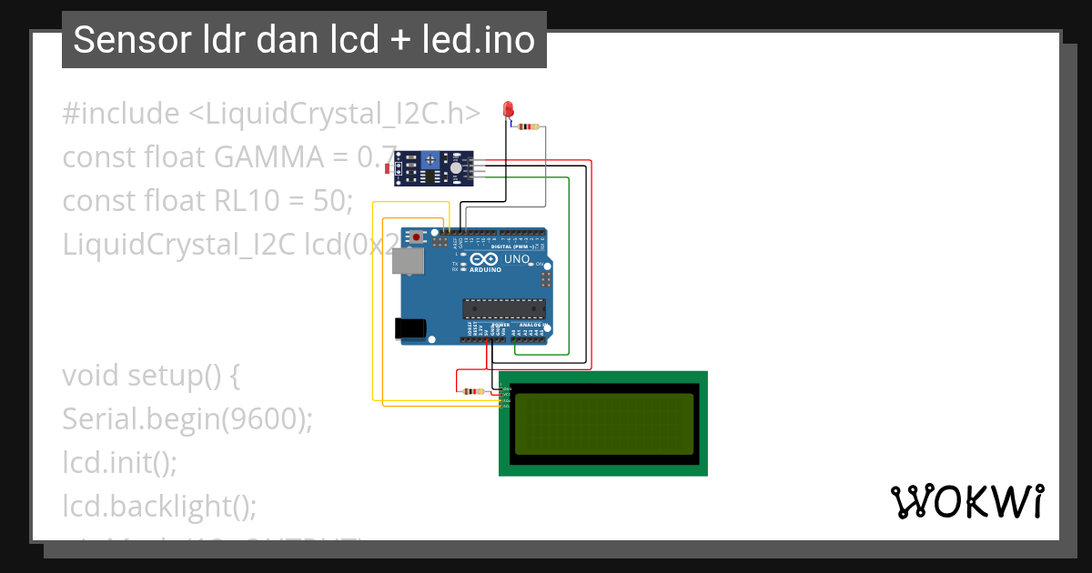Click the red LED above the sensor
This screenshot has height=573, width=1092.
coord(508,110)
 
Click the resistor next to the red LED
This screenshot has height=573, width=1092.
coord(527,126)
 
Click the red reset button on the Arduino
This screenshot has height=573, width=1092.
coord(417,237)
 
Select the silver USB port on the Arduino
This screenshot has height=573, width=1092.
coord(408,262)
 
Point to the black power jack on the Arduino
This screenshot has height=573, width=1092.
coord(409,328)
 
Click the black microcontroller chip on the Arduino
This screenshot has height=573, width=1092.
coord(503,308)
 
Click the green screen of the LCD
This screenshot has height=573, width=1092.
coord(603,424)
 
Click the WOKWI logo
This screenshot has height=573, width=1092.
coord(967,501)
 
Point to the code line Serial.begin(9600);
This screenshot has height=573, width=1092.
coord(187,418)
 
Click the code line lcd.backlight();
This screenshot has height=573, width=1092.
coord(159,505)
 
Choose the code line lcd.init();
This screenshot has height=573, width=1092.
coord(119,462)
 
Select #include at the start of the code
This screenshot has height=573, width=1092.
coord(121,114)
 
